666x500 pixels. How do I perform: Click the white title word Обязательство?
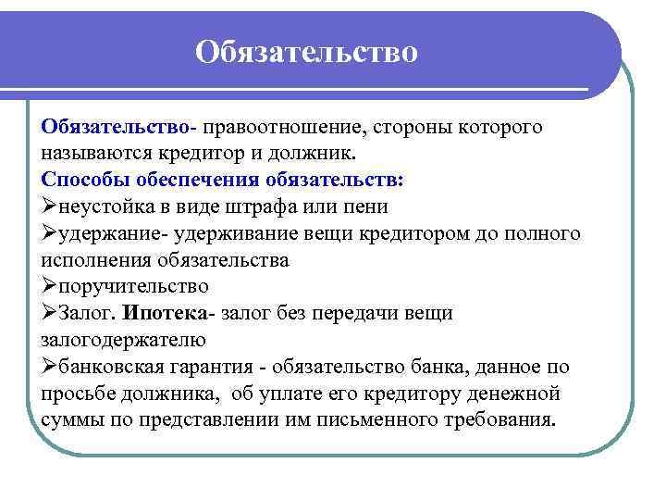[306, 52]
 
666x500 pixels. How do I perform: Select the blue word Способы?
[87, 179]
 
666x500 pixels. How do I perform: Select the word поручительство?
[132, 286]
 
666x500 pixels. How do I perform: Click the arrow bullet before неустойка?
[50, 206]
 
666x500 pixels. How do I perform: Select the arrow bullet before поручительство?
[50, 286]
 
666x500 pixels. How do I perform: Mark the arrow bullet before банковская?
[50, 366]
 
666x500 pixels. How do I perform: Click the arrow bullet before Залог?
[50, 313]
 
